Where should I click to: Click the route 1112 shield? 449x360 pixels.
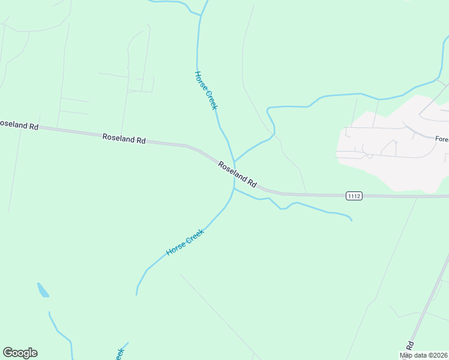coord(354,196)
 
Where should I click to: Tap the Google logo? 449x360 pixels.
coord(20,353)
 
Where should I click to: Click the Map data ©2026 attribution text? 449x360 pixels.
coord(424,355)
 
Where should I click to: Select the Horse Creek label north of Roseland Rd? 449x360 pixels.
coord(205,90)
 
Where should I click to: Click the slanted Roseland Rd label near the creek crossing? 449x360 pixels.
coord(237,174)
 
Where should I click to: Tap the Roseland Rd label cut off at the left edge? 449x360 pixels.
coord(19,125)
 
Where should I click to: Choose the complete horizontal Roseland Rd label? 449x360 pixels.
coord(124,139)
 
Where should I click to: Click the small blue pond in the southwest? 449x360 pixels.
coord(43,290)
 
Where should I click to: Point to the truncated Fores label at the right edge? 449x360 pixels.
coord(442,139)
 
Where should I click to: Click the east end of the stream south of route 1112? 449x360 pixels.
coord(351,220)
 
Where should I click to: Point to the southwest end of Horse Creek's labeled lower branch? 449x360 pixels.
coord(137,295)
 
